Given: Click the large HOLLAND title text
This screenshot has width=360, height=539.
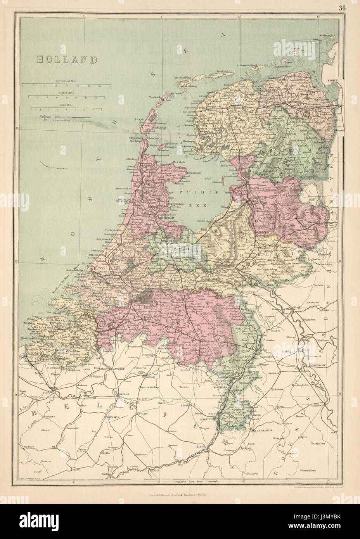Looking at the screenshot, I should [x=66, y=59].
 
